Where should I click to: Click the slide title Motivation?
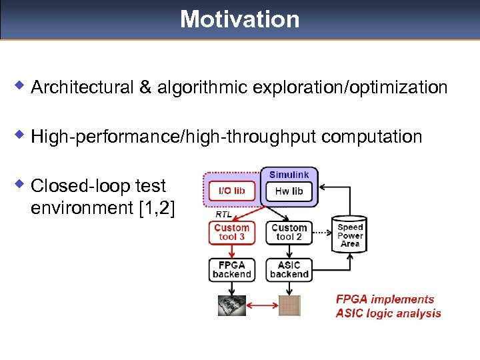pos(239,19)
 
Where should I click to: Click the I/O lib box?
pos(231,191)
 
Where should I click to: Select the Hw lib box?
pos(289,191)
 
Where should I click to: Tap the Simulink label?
pos(289,175)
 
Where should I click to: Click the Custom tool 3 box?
pos(231,232)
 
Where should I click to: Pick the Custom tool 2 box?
pos(289,232)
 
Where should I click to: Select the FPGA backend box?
pos(231,269)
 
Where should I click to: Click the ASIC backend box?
pos(289,269)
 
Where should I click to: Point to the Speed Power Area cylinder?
pos(350,235)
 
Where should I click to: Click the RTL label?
pos(224,215)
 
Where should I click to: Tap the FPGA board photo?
pos(231,305)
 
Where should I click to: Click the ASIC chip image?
pos(289,305)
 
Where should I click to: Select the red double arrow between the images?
pos(261,306)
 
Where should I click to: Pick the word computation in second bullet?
pos(371,137)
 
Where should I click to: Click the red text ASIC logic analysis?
pos(388,313)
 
